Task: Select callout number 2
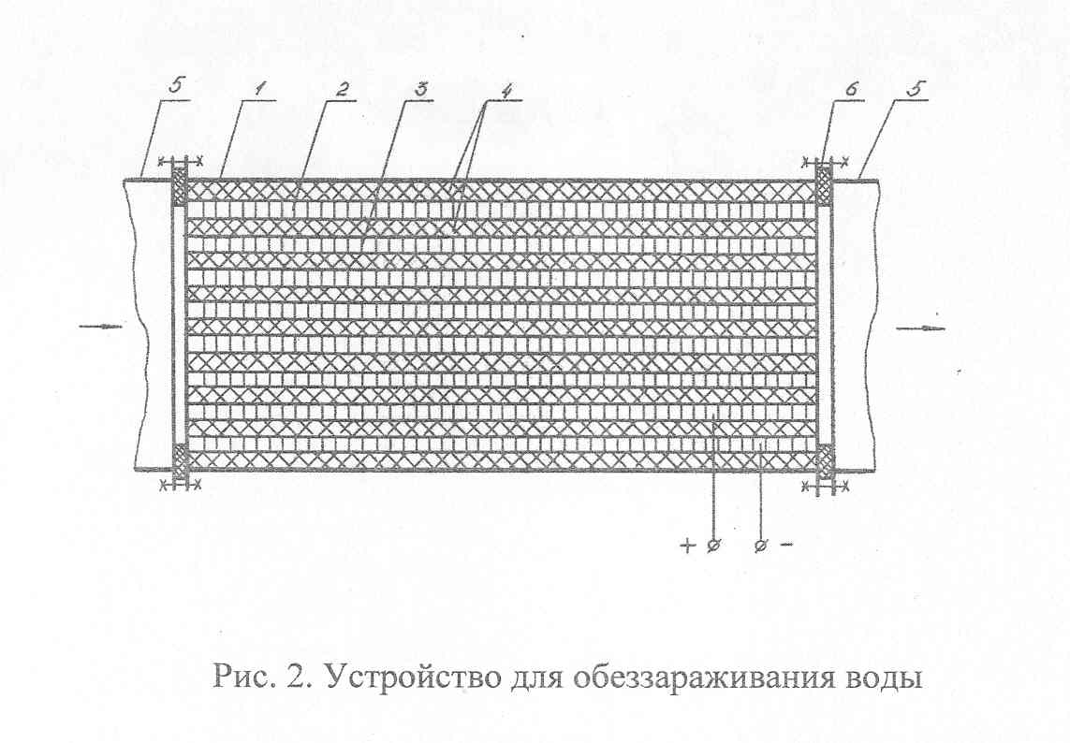pos(344,90)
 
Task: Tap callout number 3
pos(422,90)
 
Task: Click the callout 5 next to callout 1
pos(176,88)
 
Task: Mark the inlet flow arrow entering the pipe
pos(100,327)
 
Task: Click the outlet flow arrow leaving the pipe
pos(920,328)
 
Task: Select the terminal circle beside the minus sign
pos(762,546)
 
